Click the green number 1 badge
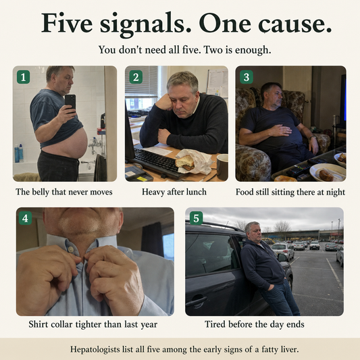click(x=23, y=77)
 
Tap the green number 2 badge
click(x=136, y=77)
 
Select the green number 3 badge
click(x=247, y=77)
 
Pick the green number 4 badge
click(x=25, y=218)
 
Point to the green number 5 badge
click(x=197, y=218)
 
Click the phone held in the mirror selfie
click(x=70, y=103)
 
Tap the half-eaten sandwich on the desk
click(x=185, y=163)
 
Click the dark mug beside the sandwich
click(x=222, y=167)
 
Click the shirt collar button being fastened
click(x=70, y=249)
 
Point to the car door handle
click(x=197, y=301)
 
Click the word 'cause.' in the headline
click(x=295, y=23)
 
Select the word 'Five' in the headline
click(x=67, y=22)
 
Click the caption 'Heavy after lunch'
click(x=174, y=192)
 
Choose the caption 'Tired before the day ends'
click(x=255, y=324)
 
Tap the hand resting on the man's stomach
click(x=280, y=130)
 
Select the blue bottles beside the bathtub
click(x=19, y=153)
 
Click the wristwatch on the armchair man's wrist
click(x=313, y=138)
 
